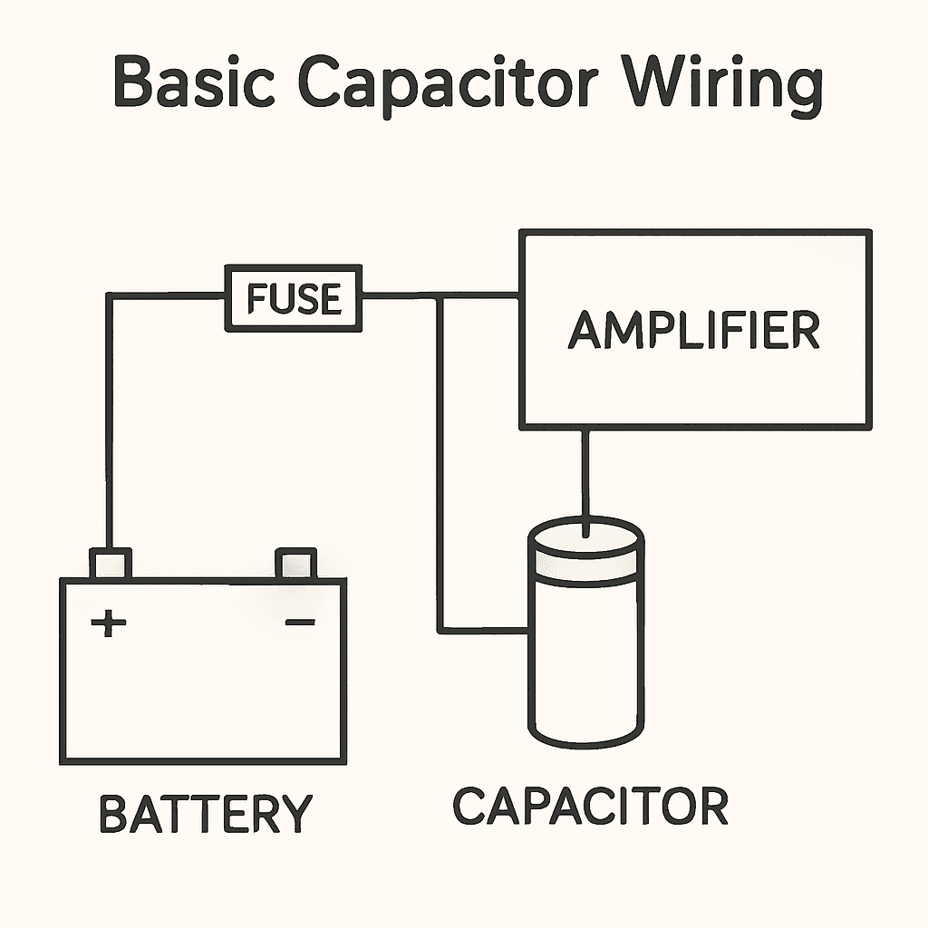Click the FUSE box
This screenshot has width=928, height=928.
click(294, 298)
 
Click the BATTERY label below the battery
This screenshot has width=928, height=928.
click(205, 813)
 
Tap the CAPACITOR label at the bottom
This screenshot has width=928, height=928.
click(590, 806)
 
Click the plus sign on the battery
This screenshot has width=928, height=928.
click(109, 623)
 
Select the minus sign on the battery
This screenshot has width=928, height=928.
click(299, 622)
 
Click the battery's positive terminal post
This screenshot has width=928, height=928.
click(111, 564)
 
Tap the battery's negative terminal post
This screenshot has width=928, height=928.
click(295, 564)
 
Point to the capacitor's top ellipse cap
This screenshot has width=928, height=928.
click(586, 537)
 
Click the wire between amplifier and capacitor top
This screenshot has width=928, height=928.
click(586, 476)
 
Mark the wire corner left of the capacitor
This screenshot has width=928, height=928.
click(440, 630)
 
